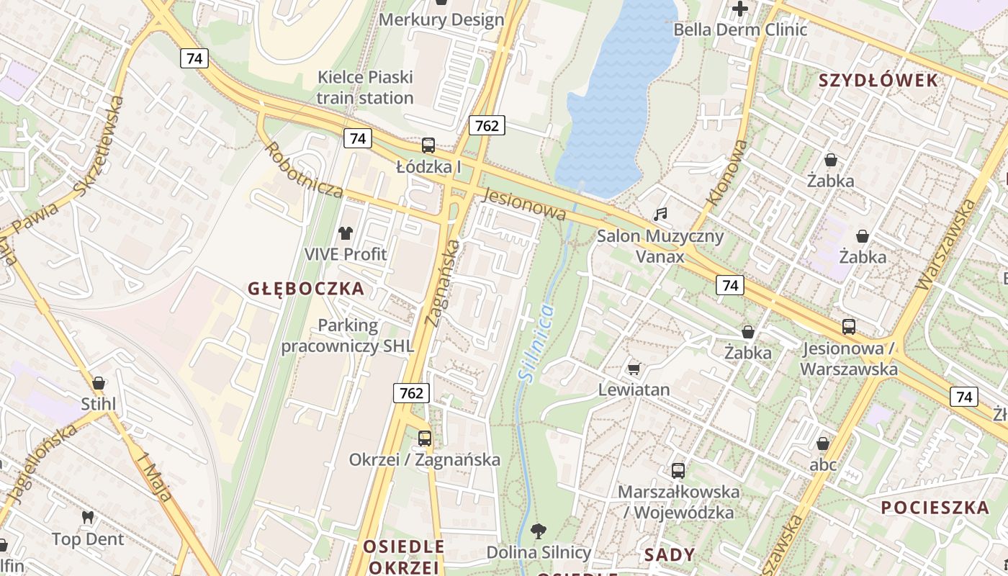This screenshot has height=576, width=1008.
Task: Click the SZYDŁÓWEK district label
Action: [878, 81]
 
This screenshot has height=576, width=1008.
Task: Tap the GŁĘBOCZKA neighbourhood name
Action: [306, 289]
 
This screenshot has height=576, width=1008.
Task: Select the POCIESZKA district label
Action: [936, 507]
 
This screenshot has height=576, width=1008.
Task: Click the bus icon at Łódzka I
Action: [428, 145]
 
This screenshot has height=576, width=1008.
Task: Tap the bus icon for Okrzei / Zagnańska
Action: [425, 438]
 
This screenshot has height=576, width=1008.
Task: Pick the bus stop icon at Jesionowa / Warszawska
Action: [849, 327]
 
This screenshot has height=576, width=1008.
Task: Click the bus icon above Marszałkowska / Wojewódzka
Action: [678, 471]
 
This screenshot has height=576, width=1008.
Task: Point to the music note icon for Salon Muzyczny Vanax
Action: [660, 214]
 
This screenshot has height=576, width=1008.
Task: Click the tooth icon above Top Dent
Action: [88, 517]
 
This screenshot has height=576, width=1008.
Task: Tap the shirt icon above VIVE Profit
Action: [346, 233]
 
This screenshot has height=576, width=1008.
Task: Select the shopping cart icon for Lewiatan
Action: [634, 369]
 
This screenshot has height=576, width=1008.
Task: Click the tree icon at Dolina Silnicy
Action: [538, 531]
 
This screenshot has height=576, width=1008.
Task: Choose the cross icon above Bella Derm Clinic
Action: [739, 9]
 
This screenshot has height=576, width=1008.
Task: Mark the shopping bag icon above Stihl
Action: [99, 382]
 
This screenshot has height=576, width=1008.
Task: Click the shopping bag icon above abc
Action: [822, 444]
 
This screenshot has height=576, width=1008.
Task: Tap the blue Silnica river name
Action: [537, 341]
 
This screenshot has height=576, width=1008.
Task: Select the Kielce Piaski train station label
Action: [366, 87]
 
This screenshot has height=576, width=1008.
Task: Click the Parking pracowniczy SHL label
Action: [348, 336]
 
